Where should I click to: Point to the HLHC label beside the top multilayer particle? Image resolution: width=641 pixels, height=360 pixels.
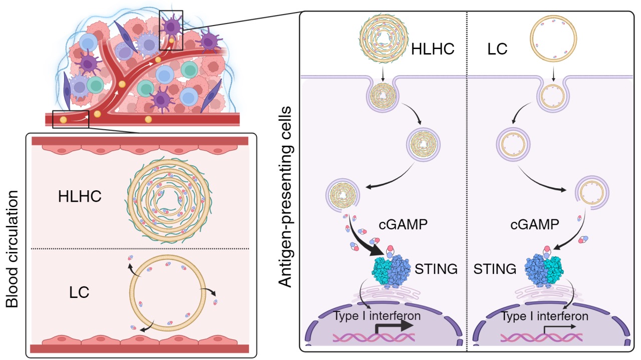click(x=432, y=50)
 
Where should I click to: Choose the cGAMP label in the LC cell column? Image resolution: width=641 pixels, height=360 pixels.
click(x=534, y=224)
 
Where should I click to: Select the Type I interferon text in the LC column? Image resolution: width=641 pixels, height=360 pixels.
click(x=544, y=316)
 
